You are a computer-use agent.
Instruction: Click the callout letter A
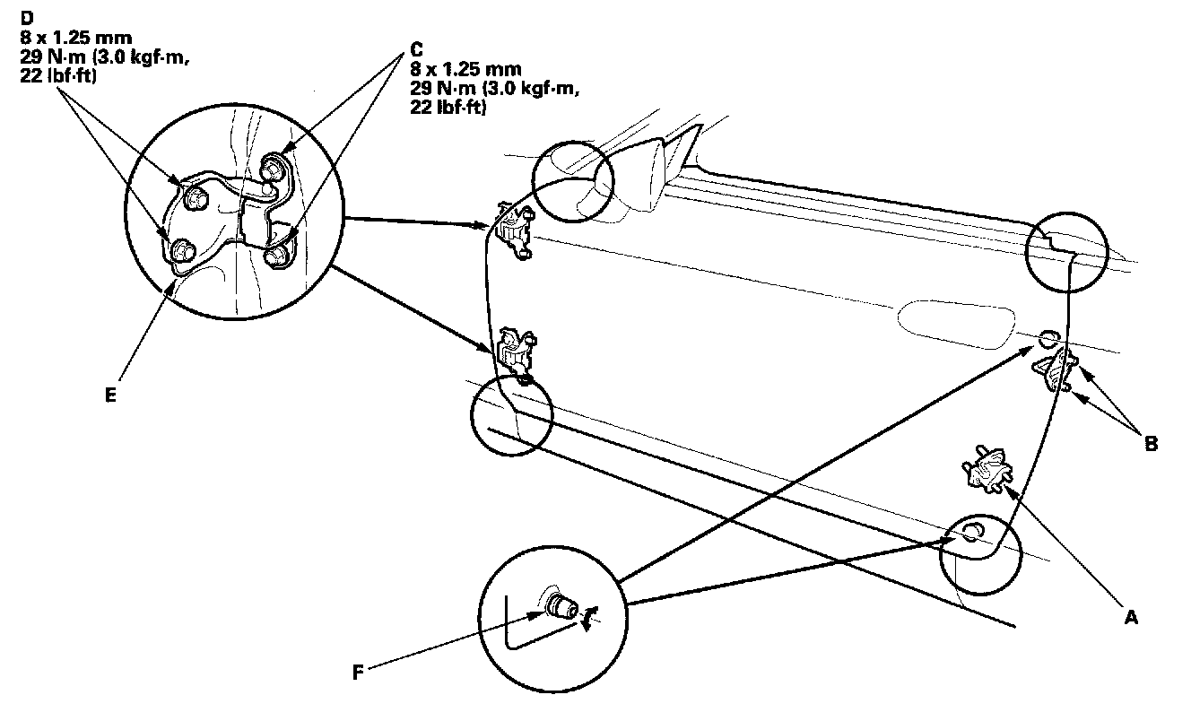(1131, 618)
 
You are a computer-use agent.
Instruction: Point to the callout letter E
(109, 394)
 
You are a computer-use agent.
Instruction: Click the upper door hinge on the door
(515, 230)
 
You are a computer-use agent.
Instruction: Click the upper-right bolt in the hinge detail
(271, 168)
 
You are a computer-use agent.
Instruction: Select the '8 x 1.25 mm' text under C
(460, 68)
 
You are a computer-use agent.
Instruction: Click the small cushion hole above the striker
(1048, 339)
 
